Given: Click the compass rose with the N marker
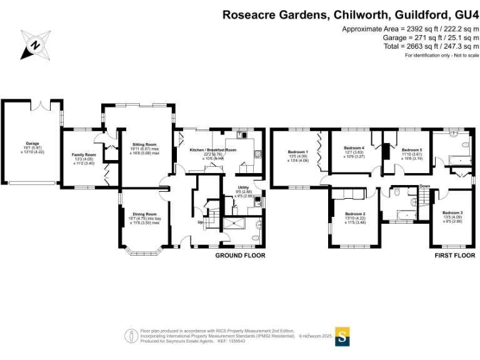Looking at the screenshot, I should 36,44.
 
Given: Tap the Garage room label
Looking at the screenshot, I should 32,143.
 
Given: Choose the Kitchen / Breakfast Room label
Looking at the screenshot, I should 212,150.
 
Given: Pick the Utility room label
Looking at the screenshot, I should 243,187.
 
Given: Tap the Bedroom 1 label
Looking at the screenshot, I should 297,152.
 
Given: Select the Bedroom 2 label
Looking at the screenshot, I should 355,214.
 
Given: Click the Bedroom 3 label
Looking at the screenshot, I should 452,213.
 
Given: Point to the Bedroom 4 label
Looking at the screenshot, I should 355,147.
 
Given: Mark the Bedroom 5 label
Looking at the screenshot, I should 412,150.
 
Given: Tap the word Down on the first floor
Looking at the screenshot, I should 424,186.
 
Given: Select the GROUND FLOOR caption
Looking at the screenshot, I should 240,256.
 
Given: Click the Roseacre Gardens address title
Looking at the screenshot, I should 351,14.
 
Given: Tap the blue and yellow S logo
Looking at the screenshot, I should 342,336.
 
